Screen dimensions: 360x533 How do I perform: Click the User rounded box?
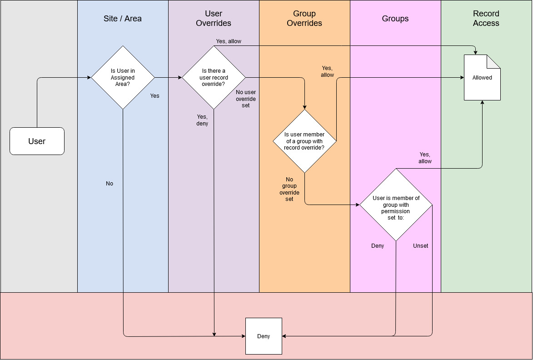coord(37,141)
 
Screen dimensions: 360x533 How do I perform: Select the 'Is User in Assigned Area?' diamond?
coord(123,77)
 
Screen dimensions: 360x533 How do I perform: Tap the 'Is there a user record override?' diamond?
coord(214,77)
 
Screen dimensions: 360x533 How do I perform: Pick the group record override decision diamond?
coord(304,141)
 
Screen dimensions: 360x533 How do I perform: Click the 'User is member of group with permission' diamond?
coord(395,205)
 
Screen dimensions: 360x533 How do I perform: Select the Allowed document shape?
coord(482,77)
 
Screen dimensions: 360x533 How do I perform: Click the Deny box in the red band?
coord(264,336)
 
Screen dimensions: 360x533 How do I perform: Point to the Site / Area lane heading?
coord(123,19)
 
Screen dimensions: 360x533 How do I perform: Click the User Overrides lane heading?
coord(214,19)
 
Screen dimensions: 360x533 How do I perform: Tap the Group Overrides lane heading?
coord(304,19)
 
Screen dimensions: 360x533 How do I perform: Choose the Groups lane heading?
coord(395,19)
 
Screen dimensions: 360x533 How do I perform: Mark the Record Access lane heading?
coord(486,19)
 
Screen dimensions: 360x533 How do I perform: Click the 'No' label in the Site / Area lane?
coord(110,184)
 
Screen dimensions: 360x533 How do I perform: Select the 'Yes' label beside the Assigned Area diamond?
coord(155,96)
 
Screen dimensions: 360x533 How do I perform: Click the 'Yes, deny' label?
coord(202,120)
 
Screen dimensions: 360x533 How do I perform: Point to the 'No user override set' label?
coord(246,99)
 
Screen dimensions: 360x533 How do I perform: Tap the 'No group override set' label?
coord(289,189)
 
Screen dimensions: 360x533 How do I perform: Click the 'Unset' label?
coord(420,246)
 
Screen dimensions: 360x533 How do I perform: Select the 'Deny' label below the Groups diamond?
coord(378,246)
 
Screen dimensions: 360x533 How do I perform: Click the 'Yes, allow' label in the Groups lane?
coord(425,158)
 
